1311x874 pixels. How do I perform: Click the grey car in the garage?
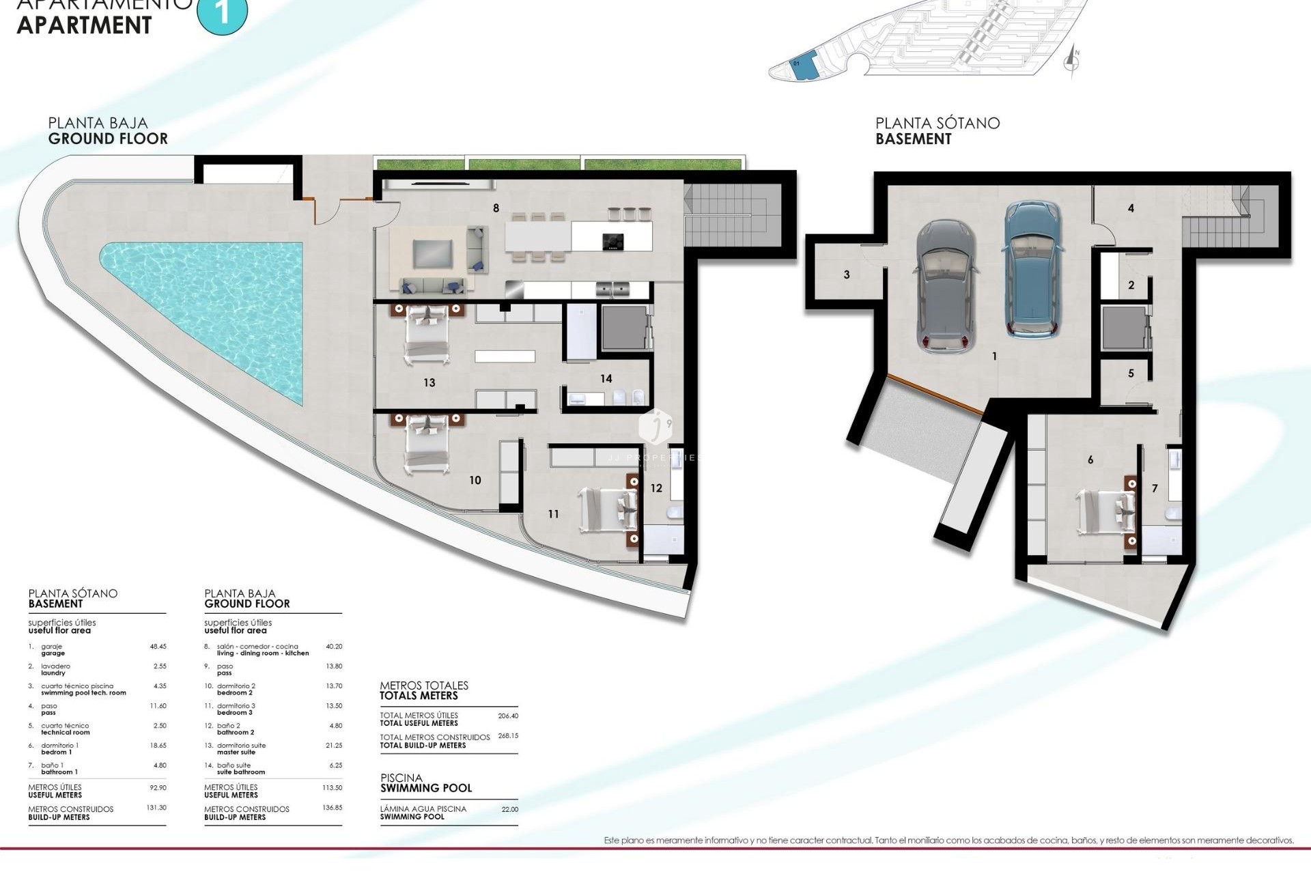pos(946,285)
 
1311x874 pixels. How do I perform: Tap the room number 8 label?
pos(496,208)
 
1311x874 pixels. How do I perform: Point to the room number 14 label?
pos(606,378)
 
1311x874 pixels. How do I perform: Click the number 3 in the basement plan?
pos(847,274)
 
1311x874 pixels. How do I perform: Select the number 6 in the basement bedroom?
pos(1090,460)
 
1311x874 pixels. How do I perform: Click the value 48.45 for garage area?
pos(158,646)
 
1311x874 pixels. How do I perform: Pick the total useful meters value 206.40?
pos(508,716)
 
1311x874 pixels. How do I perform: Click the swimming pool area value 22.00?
pos(509,809)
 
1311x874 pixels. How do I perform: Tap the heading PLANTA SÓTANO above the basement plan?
pos(937,123)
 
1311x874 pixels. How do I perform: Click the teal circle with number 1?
pos(222,12)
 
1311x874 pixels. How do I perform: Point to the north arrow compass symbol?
pos(1072,61)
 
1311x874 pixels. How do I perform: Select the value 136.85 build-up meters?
pos(332,807)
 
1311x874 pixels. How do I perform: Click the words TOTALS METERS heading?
pos(419,696)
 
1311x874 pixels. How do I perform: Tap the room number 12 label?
pos(656,488)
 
